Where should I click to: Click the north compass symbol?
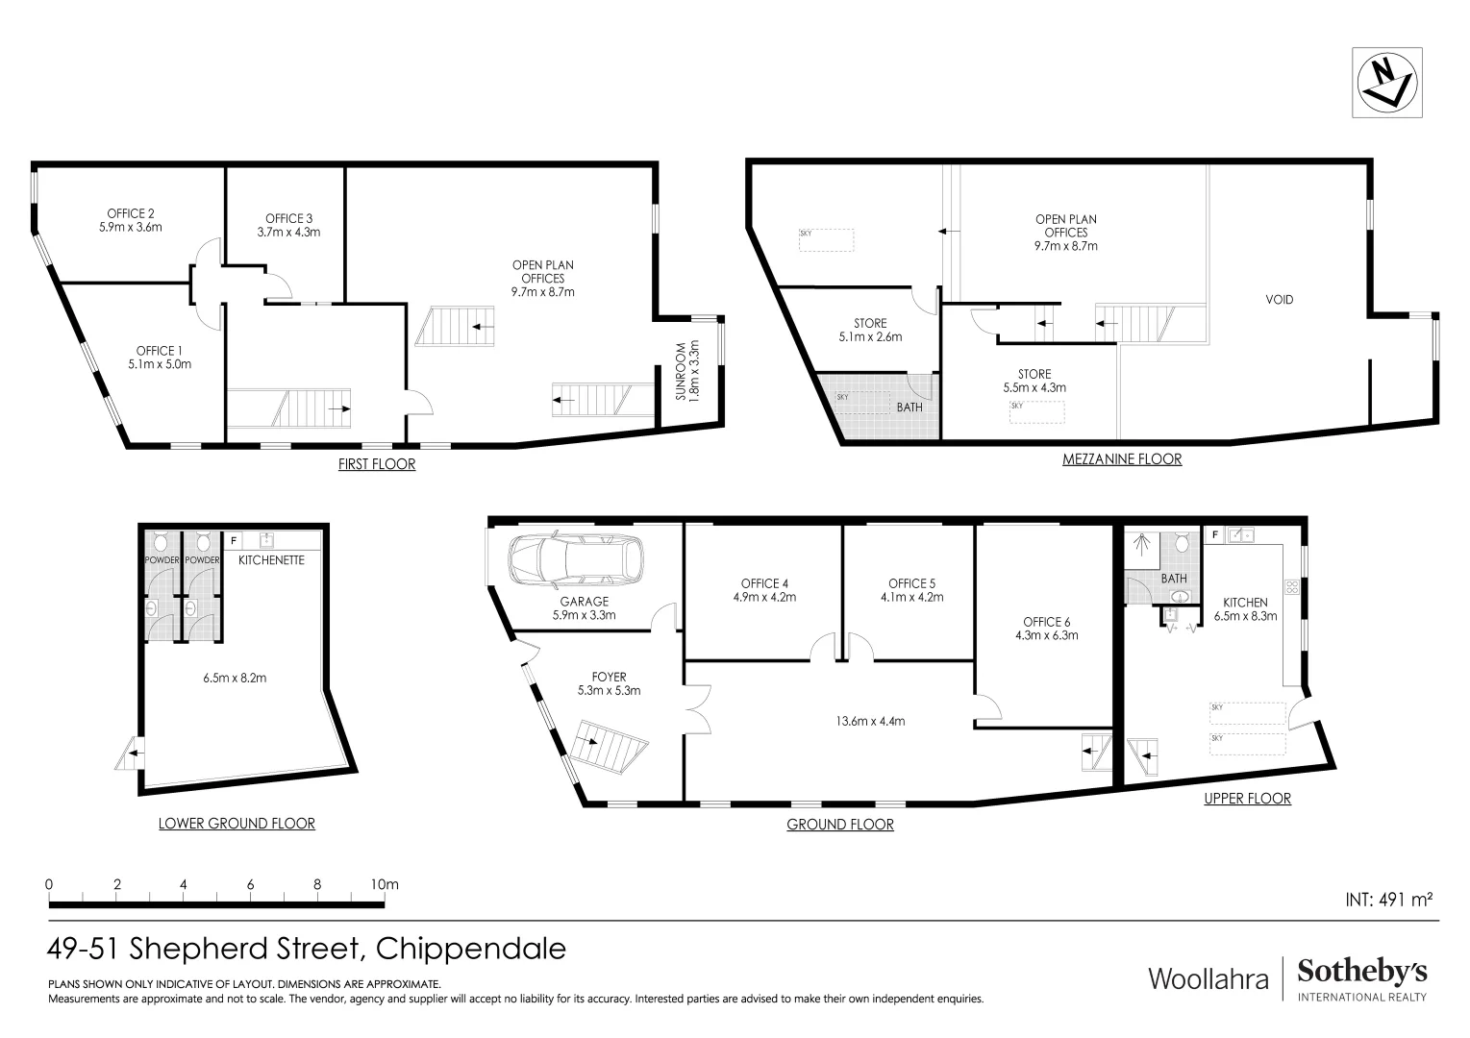point(1386,84)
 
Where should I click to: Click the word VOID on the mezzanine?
point(1279,300)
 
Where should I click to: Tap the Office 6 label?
point(1047,628)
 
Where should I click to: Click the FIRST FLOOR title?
point(377,464)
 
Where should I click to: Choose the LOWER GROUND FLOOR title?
point(237,824)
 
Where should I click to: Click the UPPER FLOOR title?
point(1247,799)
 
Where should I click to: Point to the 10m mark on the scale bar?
point(384,884)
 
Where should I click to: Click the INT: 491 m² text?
point(1388,900)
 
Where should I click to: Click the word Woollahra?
point(1208,978)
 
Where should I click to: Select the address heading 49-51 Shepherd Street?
point(307,950)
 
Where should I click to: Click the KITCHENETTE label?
point(271,559)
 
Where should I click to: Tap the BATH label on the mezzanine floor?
point(909,407)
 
